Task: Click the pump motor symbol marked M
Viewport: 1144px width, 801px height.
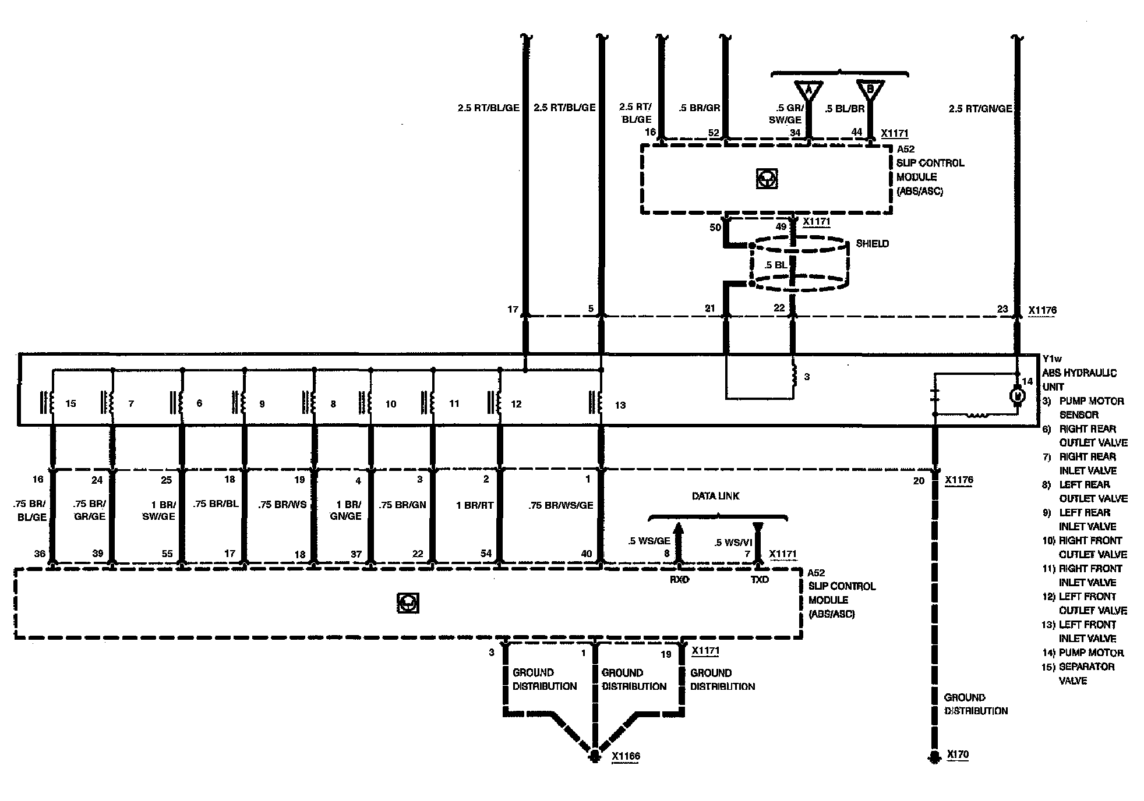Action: (1017, 395)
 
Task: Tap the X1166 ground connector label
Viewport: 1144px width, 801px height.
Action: (626, 756)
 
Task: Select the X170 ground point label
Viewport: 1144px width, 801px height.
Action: (958, 754)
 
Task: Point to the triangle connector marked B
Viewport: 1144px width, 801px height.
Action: (870, 90)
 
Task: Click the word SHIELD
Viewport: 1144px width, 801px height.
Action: (872, 243)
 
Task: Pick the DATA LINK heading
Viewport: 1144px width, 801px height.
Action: (715, 496)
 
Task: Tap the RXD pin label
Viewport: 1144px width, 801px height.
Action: (679, 579)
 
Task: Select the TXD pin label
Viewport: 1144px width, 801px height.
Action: (760, 579)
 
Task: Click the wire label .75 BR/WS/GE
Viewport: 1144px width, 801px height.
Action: (560, 505)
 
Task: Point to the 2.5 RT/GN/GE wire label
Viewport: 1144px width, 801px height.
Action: (980, 108)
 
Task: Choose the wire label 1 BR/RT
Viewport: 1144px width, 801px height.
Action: (475, 505)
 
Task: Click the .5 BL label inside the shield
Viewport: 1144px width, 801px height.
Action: (775, 265)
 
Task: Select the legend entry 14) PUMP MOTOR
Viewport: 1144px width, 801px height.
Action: (1082, 653)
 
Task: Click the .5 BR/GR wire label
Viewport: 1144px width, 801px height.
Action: (700, 108)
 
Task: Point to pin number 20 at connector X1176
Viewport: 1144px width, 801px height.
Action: (919, 480)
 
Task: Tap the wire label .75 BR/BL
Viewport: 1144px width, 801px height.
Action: (216, 504)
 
